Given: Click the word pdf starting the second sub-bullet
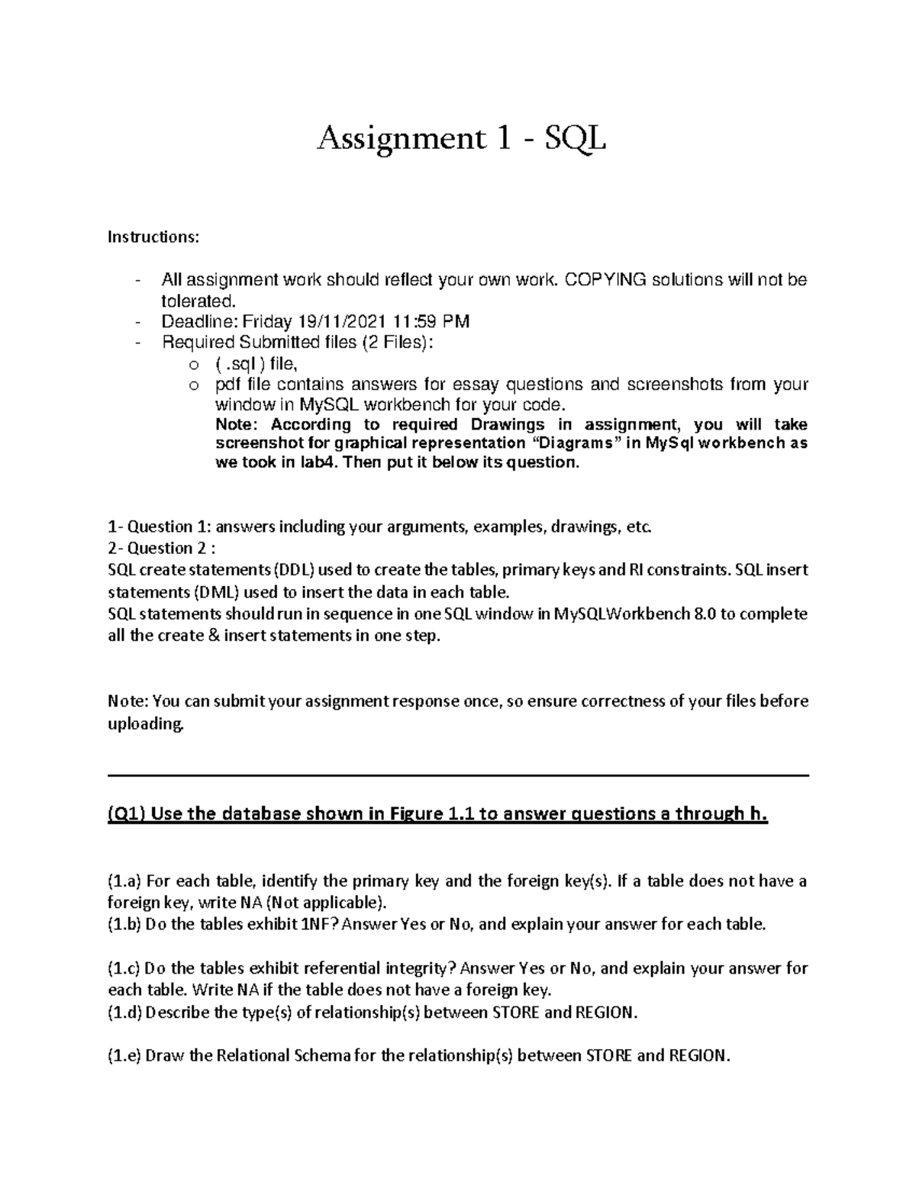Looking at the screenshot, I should pyautogui.click(x=228, y=384).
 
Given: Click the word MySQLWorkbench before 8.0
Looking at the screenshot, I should pyautogui.click(x=621, y=614).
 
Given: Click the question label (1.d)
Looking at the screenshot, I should pyautogui.click(x=124, y=1013).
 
